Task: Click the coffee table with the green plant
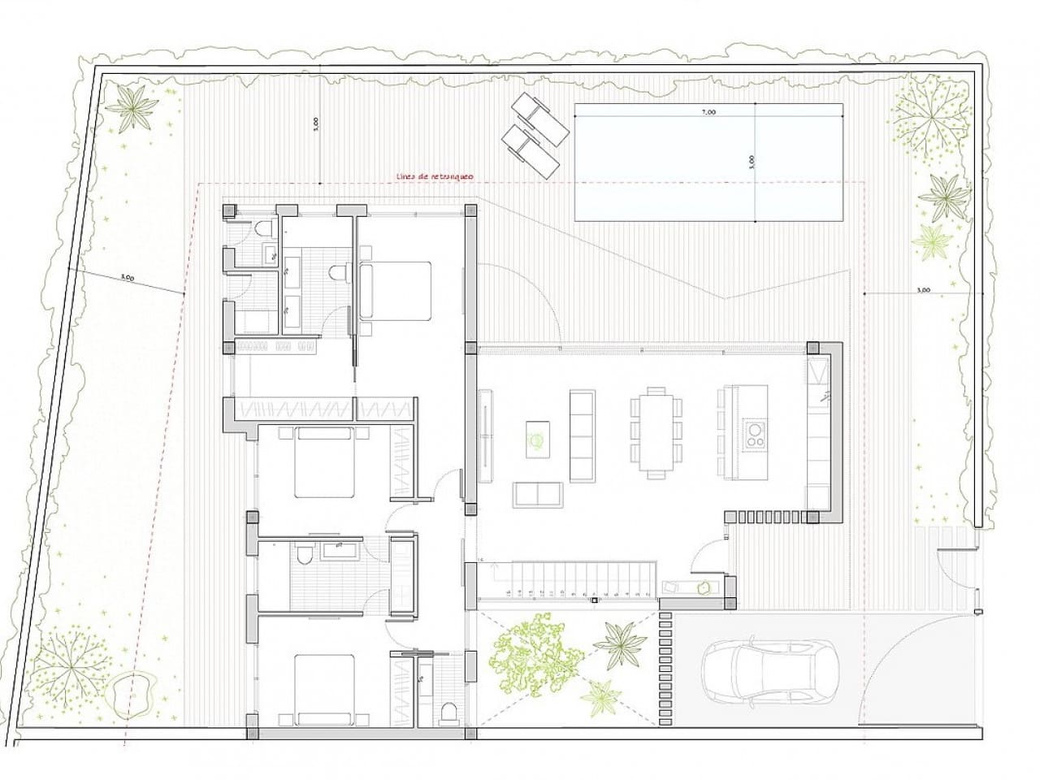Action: (537, 439)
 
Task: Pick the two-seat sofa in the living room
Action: (537, 494)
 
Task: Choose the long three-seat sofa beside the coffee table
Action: (582, 435)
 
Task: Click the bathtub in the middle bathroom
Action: (340, 552)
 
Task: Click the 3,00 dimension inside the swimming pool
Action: (751, 162)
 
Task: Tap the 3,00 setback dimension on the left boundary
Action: (127, 278)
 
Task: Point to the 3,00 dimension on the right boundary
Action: (922, 289)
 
